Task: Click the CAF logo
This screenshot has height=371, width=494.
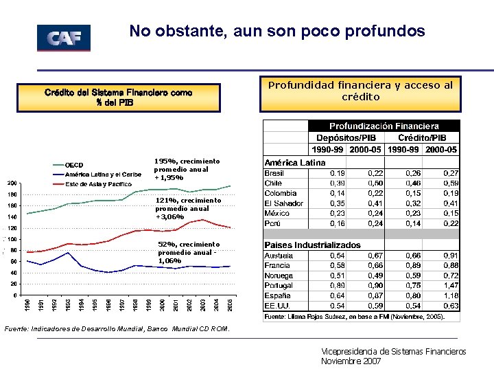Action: pos(63,38)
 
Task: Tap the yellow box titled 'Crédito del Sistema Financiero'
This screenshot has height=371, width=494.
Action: pos(119,98)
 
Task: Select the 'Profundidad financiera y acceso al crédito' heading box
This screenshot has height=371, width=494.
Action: pos(360,91)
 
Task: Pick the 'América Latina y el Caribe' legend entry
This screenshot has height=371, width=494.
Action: pos(103,175)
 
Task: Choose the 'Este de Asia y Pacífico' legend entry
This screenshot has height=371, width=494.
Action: pos(98,184)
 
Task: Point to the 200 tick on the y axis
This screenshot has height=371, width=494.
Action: pos(12,183)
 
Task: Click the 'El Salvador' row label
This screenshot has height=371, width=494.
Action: pos(284,203)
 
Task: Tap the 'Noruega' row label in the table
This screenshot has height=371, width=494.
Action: pos(279,276)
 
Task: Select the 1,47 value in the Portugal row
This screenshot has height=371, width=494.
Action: pos(451,285)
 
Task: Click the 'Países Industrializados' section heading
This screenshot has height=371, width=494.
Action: pos(312,245)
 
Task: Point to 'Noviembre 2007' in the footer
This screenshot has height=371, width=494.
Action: pos(351,361)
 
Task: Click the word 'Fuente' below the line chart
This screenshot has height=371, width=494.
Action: pos(15,330)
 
